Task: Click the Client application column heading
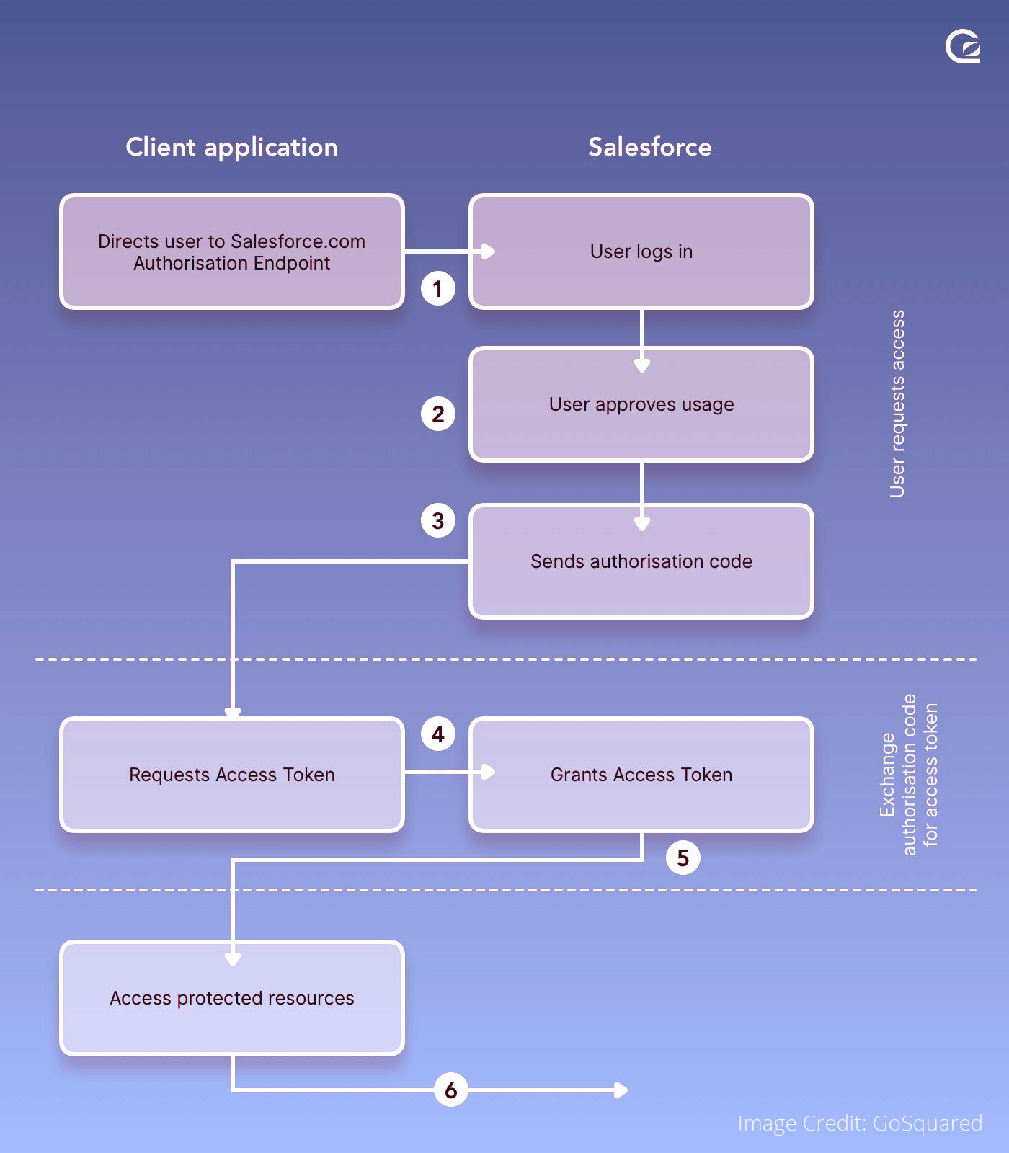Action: click(x=231, y=147)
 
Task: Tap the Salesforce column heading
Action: click(x=649, y=147)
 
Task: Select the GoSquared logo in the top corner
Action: click(x=963, y=47)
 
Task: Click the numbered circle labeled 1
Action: click(x=437, y=288)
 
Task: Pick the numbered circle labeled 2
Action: click(x=437, y=414)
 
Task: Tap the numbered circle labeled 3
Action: click(x=437, y=520)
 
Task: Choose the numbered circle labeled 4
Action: click(x=437, y=734)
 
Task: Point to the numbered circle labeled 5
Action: click(x=683, y=858)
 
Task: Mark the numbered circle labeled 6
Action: click(x=450, y=1090)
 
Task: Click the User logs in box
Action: click(x=641, y=251)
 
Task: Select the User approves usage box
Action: click(x=641, y=404)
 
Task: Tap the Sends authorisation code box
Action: click(x=641, y=561)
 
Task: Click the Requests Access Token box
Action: click(x=231, y=775)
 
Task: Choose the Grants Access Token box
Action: click(x=641, y=775)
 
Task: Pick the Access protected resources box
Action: click(x=231, y=998)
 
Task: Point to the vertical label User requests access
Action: click(x=897, y=404)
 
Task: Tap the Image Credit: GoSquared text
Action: click(x=859, y=1123)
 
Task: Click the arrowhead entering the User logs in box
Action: click(x=489, y=251)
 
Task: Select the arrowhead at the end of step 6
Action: click(x=621, y=1090)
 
